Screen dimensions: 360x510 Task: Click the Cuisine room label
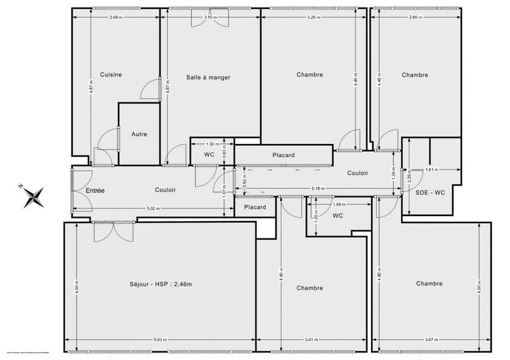click(111, 75)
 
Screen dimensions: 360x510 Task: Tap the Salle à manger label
click(208, 77)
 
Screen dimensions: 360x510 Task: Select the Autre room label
click(140, 134)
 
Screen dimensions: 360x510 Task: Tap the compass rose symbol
click(31, 196)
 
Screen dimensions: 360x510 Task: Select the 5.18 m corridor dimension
click(317, 189)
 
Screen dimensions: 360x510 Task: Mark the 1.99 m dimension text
click(339, 205)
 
